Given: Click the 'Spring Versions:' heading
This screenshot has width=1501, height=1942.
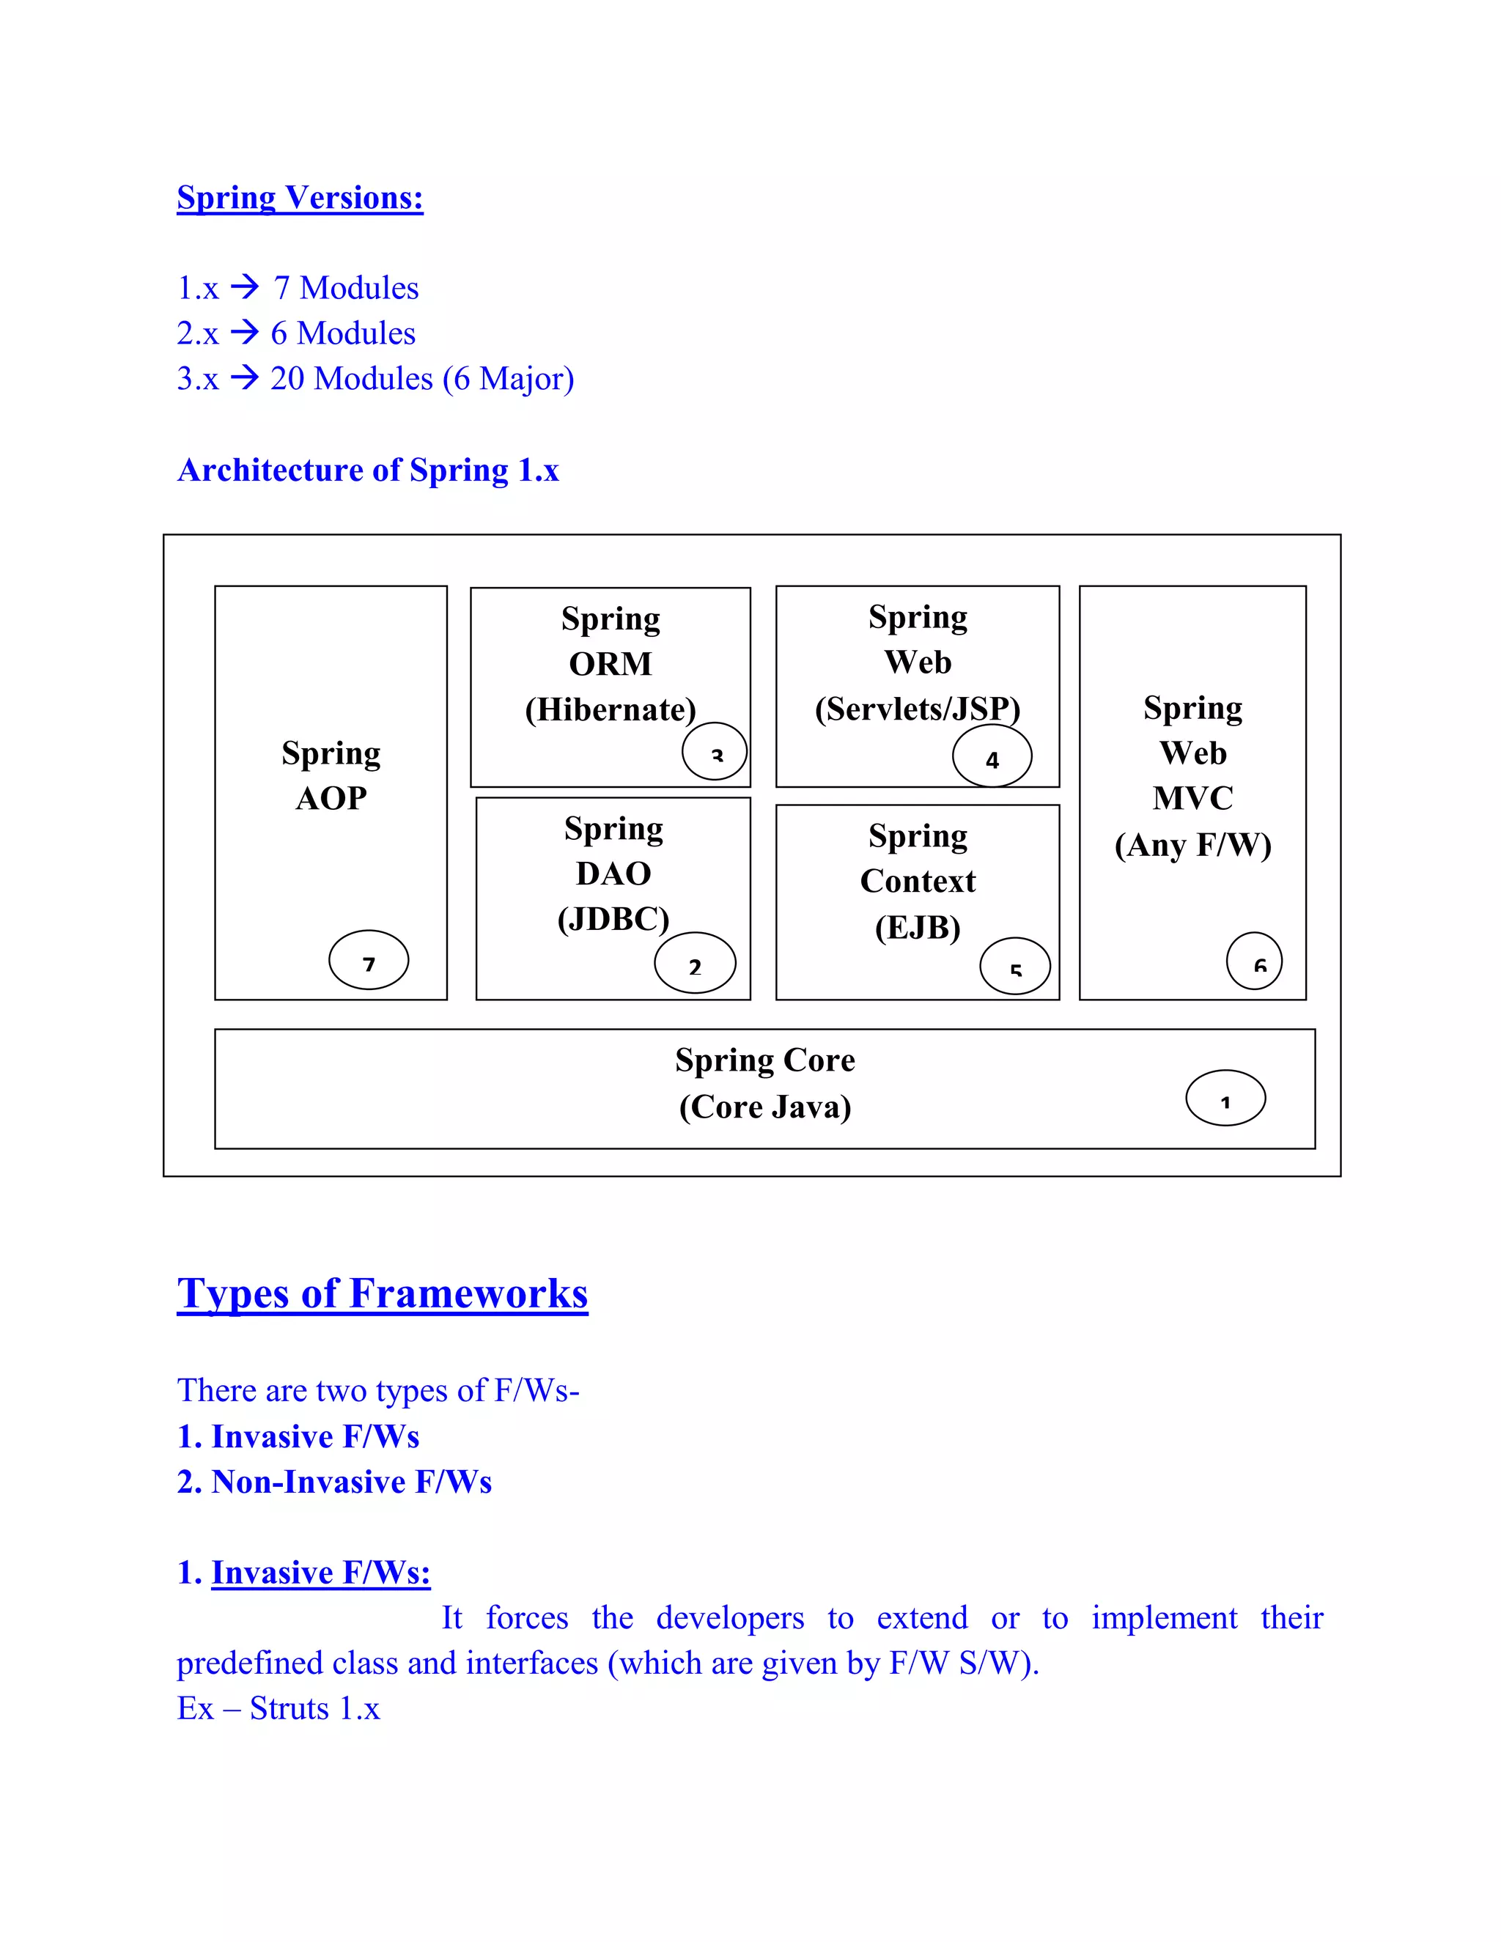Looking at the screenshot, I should pyautogui.click(x=300, y=197).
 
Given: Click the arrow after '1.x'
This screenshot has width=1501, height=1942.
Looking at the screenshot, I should pyautogui.click(x=245, y=287).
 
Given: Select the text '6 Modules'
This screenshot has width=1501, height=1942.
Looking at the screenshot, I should pyautogui.click(x=342, y=333).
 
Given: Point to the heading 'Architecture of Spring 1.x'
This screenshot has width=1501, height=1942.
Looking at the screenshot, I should pyautogui.click(x=368, y=470).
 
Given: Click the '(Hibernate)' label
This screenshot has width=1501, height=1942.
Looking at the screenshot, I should pyautogui.click(x=610, y=709).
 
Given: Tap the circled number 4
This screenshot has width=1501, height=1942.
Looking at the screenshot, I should pyautogui.click(x=992, y=758).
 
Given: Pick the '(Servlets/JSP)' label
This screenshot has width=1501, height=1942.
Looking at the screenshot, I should pyautogui.click(x=917, y=709).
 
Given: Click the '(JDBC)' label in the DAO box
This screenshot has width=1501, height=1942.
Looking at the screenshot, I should pyautogui.click(x=613, y=918).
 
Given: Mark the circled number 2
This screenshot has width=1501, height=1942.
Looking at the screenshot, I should pyautogui.click(x=695, y=964).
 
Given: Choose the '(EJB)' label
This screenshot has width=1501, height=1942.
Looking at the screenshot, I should pyautogui.click(x=917, y=928).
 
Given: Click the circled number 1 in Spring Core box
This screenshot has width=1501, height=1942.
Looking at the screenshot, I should pyautogui.click(x=1225, y=1099).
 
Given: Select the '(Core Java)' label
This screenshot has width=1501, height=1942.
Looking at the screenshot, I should pyautogui.click(x=764, y=1107).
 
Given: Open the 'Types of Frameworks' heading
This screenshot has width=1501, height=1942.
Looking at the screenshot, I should pyautogui.click(x=383, y=1293).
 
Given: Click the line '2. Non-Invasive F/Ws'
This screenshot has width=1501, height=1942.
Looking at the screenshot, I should pyautogui.click(x=334, y=1483).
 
